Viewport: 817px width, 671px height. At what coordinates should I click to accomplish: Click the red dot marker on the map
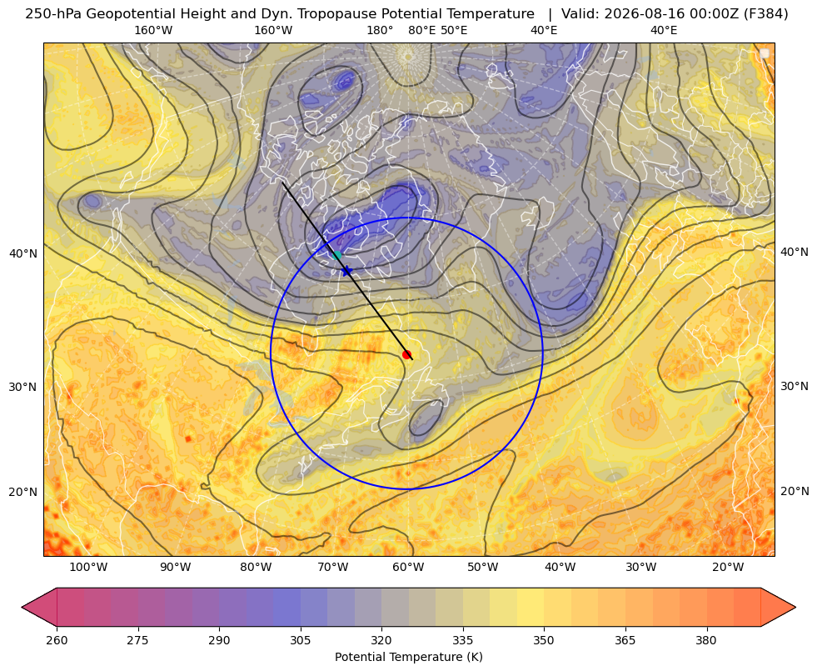407,354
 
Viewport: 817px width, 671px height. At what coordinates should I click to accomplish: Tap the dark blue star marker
346,270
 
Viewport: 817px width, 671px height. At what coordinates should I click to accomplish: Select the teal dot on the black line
336,255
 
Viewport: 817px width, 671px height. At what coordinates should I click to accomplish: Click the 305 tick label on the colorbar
300,640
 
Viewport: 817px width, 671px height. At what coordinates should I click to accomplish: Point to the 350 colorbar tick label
544,640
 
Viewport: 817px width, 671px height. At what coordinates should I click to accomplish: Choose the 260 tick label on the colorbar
57,640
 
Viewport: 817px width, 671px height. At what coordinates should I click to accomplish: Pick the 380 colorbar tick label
706,640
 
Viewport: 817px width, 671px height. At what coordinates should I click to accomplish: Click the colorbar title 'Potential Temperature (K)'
408,657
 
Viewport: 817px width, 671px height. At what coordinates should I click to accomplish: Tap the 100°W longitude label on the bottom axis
88,567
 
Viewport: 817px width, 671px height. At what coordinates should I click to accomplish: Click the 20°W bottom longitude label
728,567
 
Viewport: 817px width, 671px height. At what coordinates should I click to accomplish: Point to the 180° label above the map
380,30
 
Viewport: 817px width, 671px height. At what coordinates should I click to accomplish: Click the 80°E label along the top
421,30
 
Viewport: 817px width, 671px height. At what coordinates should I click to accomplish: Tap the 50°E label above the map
454,30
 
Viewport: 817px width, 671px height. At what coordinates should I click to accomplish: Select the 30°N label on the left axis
23,387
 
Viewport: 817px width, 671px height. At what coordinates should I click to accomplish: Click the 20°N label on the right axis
795,491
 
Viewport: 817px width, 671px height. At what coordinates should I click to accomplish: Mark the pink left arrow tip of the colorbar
22,607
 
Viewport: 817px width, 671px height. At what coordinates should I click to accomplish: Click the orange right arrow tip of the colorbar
795,607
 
